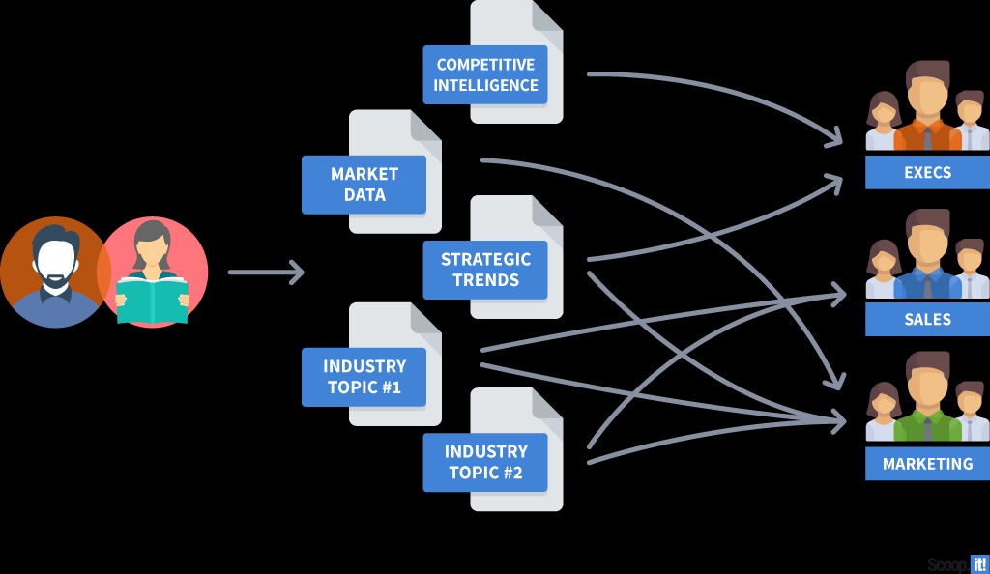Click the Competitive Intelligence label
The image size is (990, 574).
point(485,74)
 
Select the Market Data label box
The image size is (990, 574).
point(364,184)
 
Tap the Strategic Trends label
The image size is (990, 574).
point(485,270)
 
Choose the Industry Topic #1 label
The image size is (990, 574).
point(364,377)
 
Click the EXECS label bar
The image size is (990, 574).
point(927,173)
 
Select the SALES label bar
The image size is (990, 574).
point(927,319)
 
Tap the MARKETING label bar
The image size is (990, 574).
point(927,464)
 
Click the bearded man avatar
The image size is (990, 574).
point(53,271)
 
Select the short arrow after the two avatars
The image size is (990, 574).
point(266,273)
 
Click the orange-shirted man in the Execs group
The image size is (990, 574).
point(927,106)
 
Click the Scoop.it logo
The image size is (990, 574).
point(957,563)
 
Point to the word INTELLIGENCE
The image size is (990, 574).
point(485,85)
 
